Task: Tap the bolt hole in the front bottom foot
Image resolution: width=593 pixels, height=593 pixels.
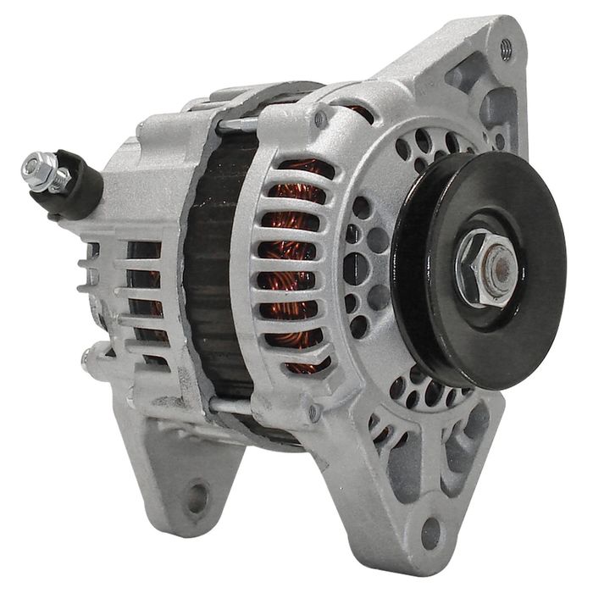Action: click(431, 531)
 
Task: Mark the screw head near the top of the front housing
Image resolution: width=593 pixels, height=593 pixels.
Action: click(320, 119)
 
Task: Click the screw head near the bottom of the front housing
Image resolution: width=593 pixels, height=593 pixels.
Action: click(315, 411)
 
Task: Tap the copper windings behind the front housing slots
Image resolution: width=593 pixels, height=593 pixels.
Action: click(292, 254)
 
